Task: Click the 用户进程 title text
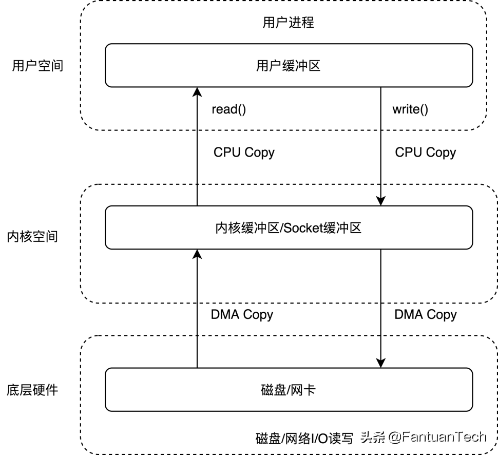point(289,23)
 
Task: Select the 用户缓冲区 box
point(289,65)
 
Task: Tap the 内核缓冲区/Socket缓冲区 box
point(289,227)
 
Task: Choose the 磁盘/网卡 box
point(289,390)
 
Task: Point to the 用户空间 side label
point(38,66)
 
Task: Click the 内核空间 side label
point(32,237)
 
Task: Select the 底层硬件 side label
point(32,390)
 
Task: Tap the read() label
point(228,109)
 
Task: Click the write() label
point(410,109)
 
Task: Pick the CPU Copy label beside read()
point(244,153)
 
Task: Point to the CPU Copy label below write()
point(426,153)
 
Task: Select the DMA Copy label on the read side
point(242,315)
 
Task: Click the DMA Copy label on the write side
point(426,315)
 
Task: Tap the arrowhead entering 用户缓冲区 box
point(197,92)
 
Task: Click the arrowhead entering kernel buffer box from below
point(197,254)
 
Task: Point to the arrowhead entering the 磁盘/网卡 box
point(381,363)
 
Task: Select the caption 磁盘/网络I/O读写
point(304,439)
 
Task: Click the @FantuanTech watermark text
point(437,437)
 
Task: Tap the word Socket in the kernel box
point(303,228)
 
